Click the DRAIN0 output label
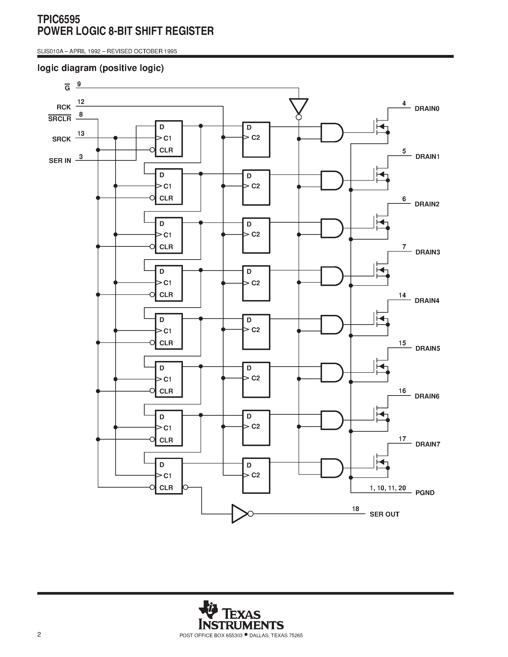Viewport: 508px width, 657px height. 427,109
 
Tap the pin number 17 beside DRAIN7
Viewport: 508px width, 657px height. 402,439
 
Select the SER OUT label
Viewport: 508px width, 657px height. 384,514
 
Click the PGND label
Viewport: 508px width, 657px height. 425,493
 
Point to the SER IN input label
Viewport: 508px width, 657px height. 60,161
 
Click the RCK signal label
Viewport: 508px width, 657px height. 64,107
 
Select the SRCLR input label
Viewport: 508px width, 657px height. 60,119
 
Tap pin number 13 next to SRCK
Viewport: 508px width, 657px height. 81,133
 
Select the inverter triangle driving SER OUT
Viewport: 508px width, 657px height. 240,514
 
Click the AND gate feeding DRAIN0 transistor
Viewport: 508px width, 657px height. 331,132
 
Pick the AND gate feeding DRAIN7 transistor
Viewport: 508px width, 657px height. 331,468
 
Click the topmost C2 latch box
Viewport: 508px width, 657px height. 256,140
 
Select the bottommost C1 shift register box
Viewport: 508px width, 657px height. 169,476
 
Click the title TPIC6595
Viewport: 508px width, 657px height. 59,20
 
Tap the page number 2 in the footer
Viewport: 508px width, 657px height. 39,635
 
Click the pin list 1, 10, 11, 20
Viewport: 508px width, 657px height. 388,488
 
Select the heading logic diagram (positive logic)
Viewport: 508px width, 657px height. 100,68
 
